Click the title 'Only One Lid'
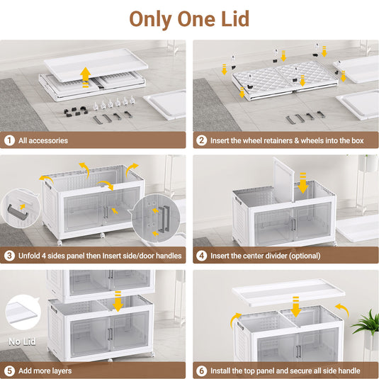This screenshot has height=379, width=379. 189,19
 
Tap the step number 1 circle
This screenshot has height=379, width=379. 10,140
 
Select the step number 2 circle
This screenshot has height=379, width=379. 202,140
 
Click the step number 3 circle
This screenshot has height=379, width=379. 10,255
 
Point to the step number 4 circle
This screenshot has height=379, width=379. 202,255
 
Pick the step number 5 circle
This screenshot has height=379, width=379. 10,370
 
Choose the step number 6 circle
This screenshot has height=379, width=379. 202,370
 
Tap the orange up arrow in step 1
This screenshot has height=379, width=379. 85,75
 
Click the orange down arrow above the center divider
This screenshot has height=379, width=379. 303,186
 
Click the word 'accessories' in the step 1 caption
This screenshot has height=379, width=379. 49,140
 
